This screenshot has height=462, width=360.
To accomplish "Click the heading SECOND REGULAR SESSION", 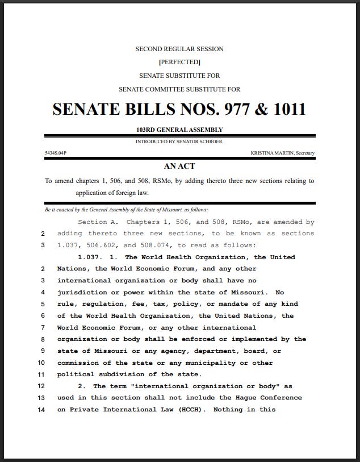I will point(179,49).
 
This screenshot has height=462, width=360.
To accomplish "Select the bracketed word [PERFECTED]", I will point(179,62).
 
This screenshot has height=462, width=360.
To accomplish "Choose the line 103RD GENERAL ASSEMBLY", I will point(179,130).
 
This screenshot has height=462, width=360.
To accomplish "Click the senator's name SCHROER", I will point(211,141).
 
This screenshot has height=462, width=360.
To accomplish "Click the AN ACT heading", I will point(179,167).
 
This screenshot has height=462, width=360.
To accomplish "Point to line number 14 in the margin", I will point(41,409).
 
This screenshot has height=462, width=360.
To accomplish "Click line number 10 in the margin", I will point(41,363).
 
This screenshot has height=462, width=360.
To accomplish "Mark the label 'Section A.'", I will point(97,222).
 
